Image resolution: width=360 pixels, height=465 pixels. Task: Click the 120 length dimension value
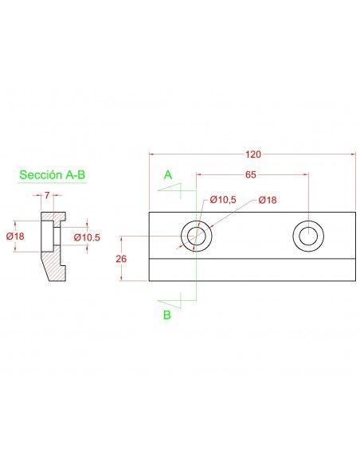(x=253, y=154)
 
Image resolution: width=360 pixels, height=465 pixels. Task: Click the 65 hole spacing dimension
(x=250, y=174)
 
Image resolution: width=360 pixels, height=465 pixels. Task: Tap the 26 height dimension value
(x=121, y=259)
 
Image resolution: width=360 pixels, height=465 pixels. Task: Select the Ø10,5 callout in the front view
(x=223, y=200)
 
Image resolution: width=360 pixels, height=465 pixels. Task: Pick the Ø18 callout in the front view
(x=268, y=200)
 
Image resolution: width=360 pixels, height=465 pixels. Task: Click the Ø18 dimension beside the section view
(x=15, y=236)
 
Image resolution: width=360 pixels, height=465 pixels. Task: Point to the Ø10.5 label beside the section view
(x=87, y=237)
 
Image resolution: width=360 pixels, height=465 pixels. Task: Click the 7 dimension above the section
(x=47, y=195)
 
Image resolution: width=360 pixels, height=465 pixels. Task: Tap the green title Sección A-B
(x=53, y=174)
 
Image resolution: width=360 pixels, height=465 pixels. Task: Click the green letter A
(x=168, y=175)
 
